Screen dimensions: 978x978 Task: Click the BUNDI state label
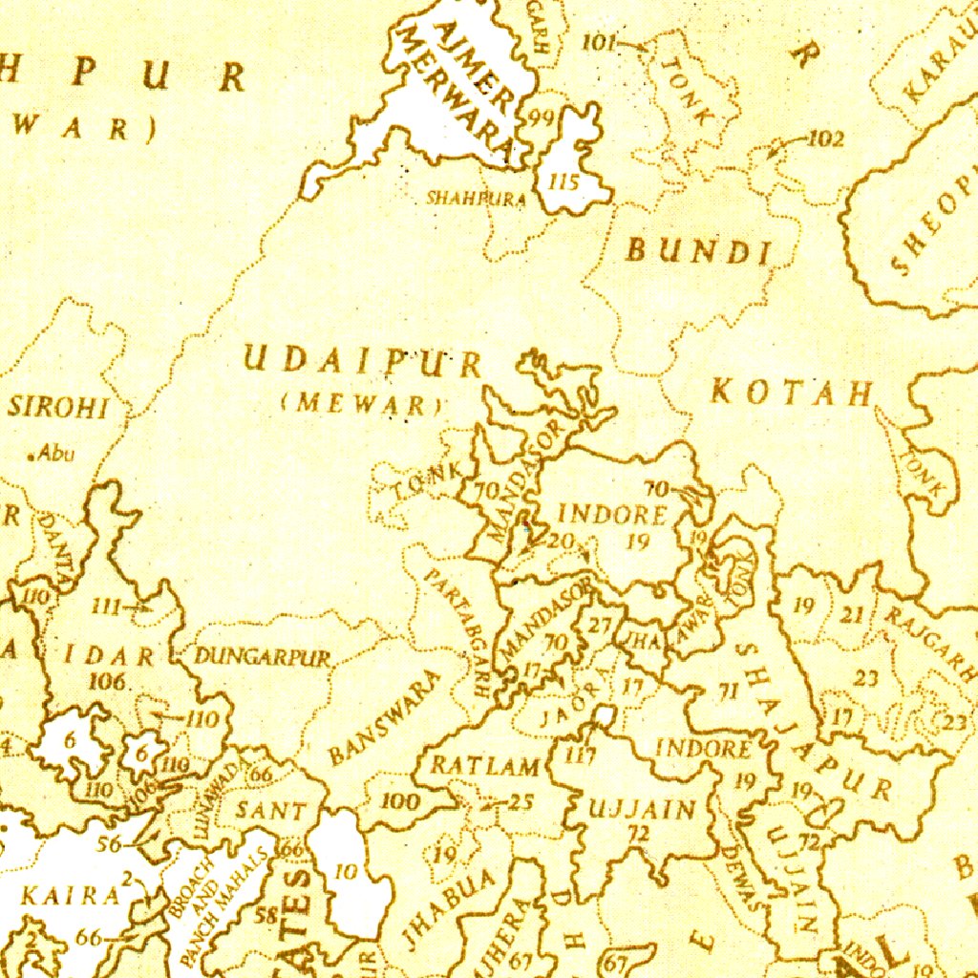pos(698,251)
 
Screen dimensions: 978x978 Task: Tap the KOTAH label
pos(792,392)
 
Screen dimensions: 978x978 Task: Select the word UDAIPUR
pos(363,362)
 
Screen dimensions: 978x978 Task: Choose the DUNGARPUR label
pos(263,657)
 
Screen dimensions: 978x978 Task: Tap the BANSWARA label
pos(385,717)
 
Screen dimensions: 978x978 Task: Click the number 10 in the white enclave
pos(346,871)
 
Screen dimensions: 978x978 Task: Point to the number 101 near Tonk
pos(598,42)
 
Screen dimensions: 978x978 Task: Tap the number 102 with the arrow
pos(825,139)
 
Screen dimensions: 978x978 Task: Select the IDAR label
pos(110,656)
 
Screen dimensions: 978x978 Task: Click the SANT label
pos(272,811)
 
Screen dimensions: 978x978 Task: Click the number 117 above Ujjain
pos(580,756)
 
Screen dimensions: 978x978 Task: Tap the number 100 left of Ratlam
pos(399,801)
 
